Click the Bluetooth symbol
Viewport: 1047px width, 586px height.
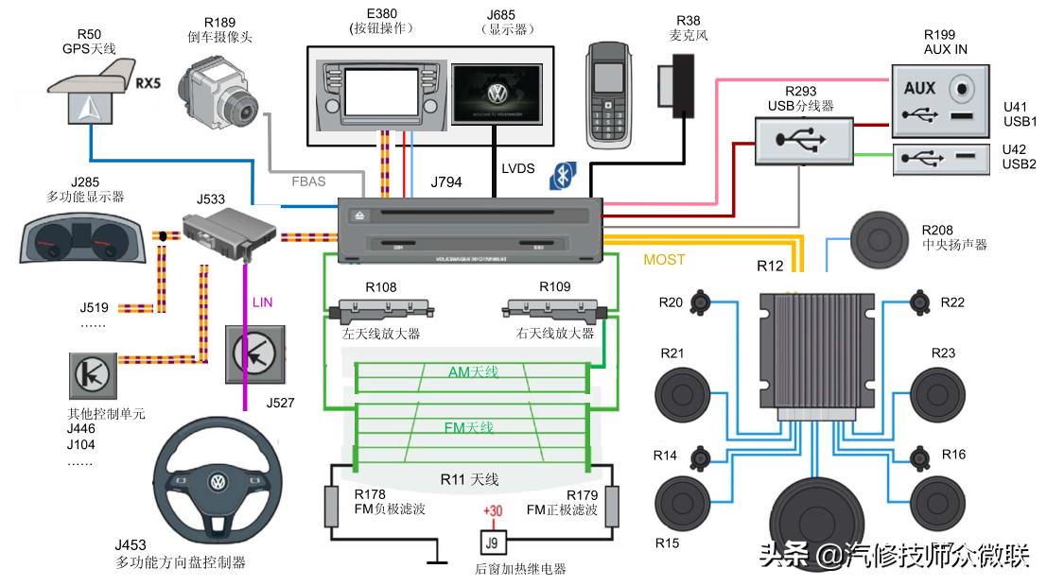pyautogui.click(x=564, y=175)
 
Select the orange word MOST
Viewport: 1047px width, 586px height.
pyautogui.click(x=663, y=259)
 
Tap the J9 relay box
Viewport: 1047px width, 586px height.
pyautogui.click(x=491, y=543)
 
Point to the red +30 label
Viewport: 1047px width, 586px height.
pyautogui.click(x=492, y=511)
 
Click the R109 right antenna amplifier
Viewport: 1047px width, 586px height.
pyautogui.click(x=554, y=309)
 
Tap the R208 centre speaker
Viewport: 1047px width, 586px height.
pyautogui.click(x=884, y=236)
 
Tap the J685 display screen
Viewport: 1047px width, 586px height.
pyautogui.click(x=497, y=93)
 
